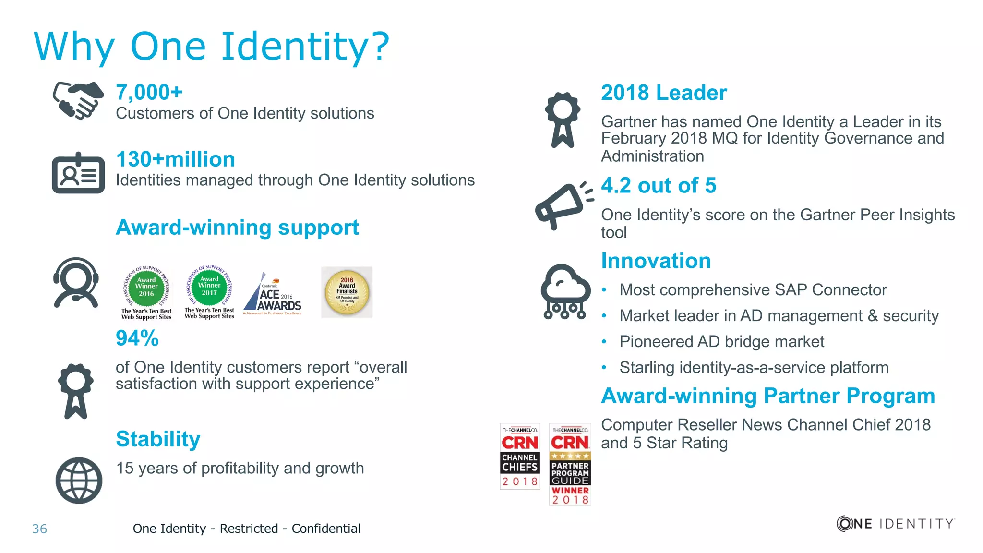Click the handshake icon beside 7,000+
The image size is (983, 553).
78,100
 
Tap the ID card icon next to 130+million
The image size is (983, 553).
78,173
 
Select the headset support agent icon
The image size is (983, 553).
76,282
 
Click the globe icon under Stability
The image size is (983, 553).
79,480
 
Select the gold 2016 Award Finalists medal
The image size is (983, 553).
347,292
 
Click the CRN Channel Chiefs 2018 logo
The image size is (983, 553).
520,456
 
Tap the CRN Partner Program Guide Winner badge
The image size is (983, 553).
570,464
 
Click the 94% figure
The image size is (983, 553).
137,338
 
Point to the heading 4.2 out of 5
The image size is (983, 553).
659,185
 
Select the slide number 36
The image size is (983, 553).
39,529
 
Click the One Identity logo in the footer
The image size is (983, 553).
895,523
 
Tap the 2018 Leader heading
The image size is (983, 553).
664,93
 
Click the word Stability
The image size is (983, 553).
158,439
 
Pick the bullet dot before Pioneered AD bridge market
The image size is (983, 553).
604,342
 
